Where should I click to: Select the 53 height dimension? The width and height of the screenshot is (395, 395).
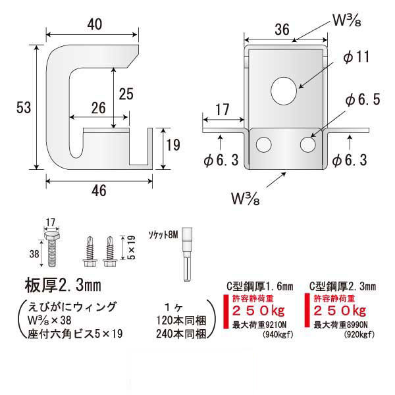point(24,108)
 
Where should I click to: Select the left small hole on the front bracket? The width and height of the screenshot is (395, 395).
point(263,144)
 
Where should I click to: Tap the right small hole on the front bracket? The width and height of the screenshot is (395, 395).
point(307,144)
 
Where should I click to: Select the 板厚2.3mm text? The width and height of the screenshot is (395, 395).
point(65,287)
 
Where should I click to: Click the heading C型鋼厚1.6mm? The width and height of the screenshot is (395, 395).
point(259,286)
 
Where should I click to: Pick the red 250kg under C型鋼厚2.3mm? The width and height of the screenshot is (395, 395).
point(340,310)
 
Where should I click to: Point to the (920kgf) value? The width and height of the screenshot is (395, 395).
point(358,334)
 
